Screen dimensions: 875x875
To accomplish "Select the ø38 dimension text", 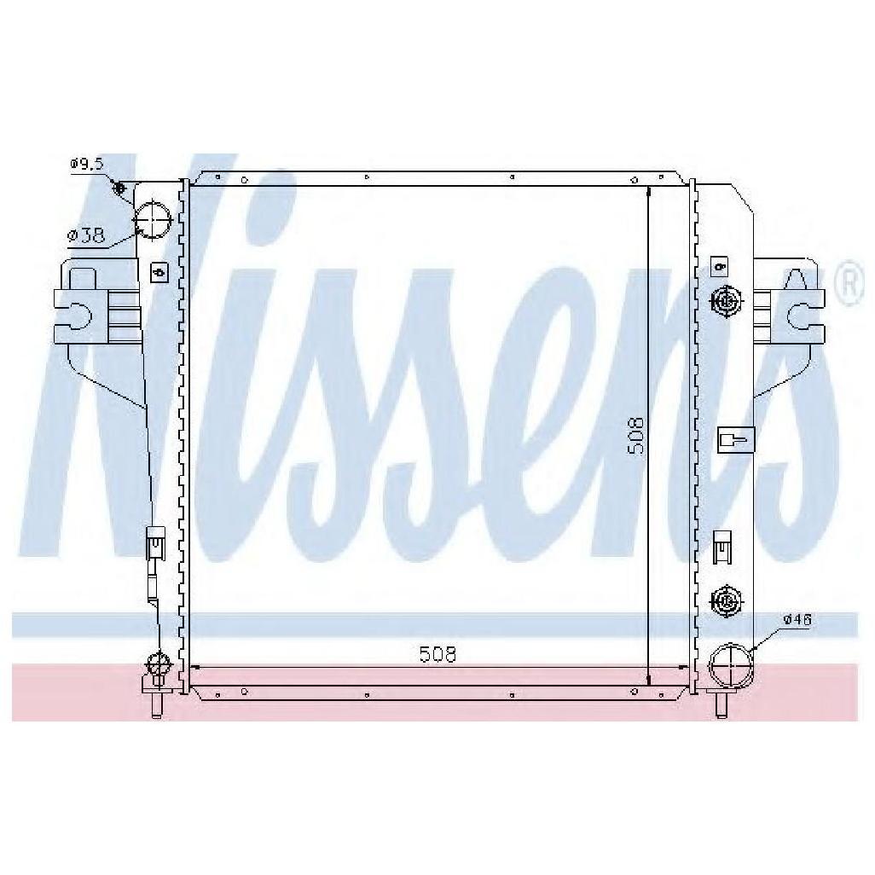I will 86,235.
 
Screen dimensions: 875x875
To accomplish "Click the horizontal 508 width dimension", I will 437,654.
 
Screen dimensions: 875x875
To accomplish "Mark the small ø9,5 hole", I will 119,188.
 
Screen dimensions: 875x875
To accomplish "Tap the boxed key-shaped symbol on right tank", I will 735,439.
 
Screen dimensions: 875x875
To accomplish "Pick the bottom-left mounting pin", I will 156,704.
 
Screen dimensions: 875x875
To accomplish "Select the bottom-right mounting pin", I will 721,704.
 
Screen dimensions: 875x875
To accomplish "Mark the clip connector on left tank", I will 154,542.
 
